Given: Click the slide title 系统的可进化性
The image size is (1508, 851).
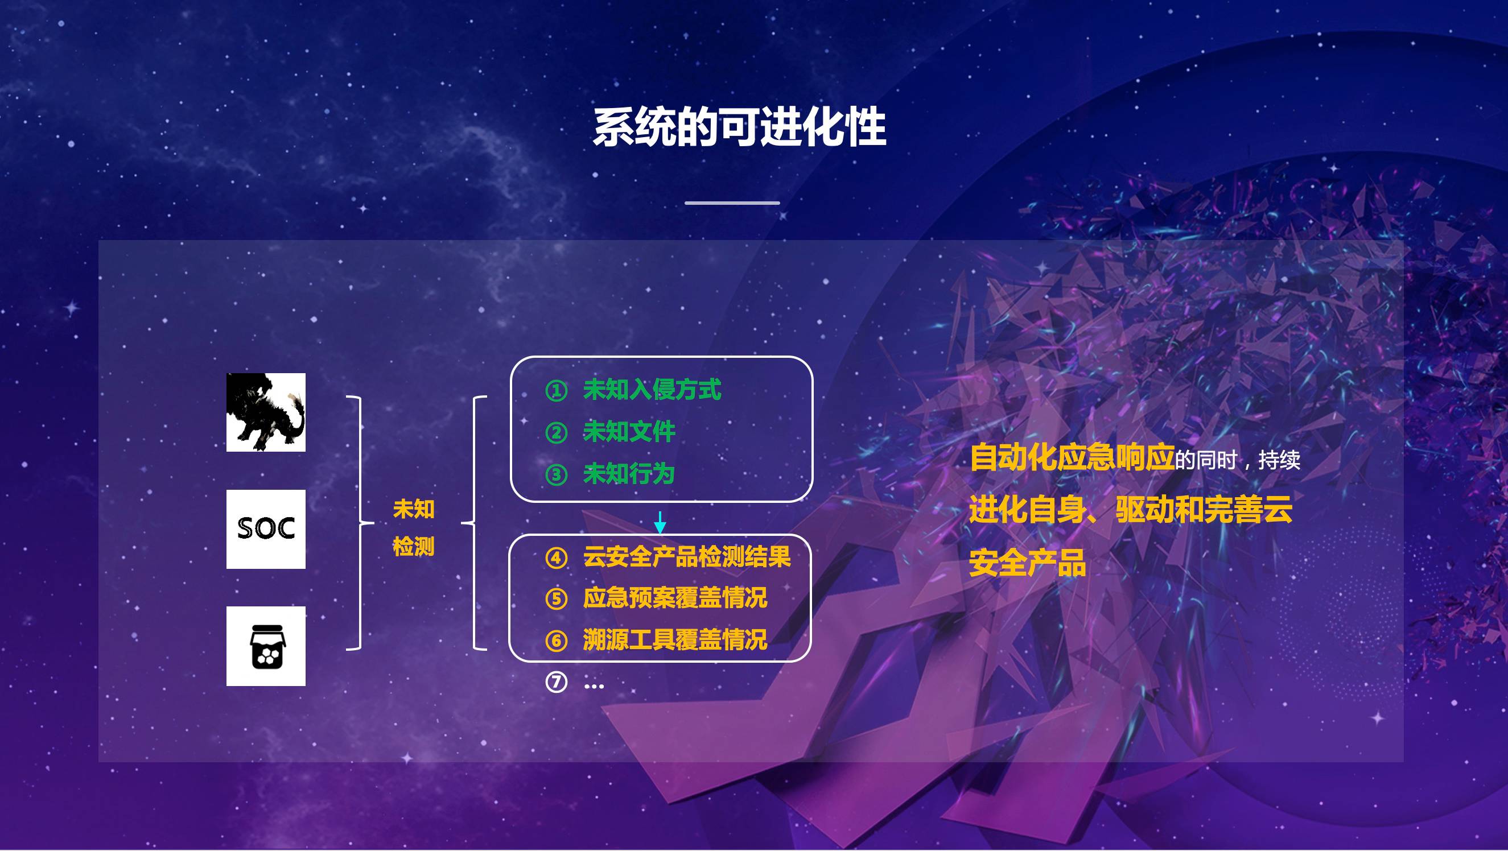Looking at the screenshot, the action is point(739,127).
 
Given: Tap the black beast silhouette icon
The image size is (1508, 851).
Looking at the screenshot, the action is point(266,412).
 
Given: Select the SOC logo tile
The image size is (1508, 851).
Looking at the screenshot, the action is point(266,529).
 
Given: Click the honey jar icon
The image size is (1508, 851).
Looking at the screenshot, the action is point(266,646).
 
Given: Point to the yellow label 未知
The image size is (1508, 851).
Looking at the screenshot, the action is point(414,509).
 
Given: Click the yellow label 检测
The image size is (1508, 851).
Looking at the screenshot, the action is point(414,547).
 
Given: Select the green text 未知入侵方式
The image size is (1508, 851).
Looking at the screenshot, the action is point(652,390).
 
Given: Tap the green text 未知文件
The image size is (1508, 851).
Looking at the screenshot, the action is point(629,432).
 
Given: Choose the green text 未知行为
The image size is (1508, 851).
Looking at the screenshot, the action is point(629,474).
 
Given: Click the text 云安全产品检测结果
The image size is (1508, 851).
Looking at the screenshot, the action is point(687,556).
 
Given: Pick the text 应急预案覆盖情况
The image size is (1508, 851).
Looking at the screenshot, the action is point(675,598).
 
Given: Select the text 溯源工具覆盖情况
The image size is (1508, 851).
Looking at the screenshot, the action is point(675,640).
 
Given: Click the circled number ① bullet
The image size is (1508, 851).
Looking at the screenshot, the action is point(556,390).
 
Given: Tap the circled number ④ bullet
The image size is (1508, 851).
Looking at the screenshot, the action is point(556,558).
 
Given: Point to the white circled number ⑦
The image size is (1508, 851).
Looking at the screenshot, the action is point(556,682).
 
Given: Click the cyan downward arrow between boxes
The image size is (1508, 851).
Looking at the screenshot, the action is point(660,523).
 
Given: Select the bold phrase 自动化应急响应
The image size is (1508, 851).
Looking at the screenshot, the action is point(1073,458).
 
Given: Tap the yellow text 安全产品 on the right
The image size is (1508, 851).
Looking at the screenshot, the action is point(1027,563).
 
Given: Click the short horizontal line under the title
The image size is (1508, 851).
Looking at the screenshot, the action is point(732,203).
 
